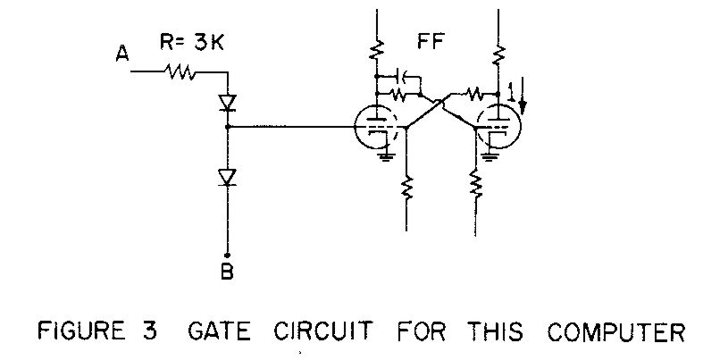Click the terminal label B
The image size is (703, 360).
(227, 272)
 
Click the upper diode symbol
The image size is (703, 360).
(227, 104)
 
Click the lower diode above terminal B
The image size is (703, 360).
(227, 178)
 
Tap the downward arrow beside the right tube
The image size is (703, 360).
(523, 99)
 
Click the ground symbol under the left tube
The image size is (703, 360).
(386, 156)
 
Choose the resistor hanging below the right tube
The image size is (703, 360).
(473, 187)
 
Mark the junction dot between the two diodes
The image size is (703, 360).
(227, 128)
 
